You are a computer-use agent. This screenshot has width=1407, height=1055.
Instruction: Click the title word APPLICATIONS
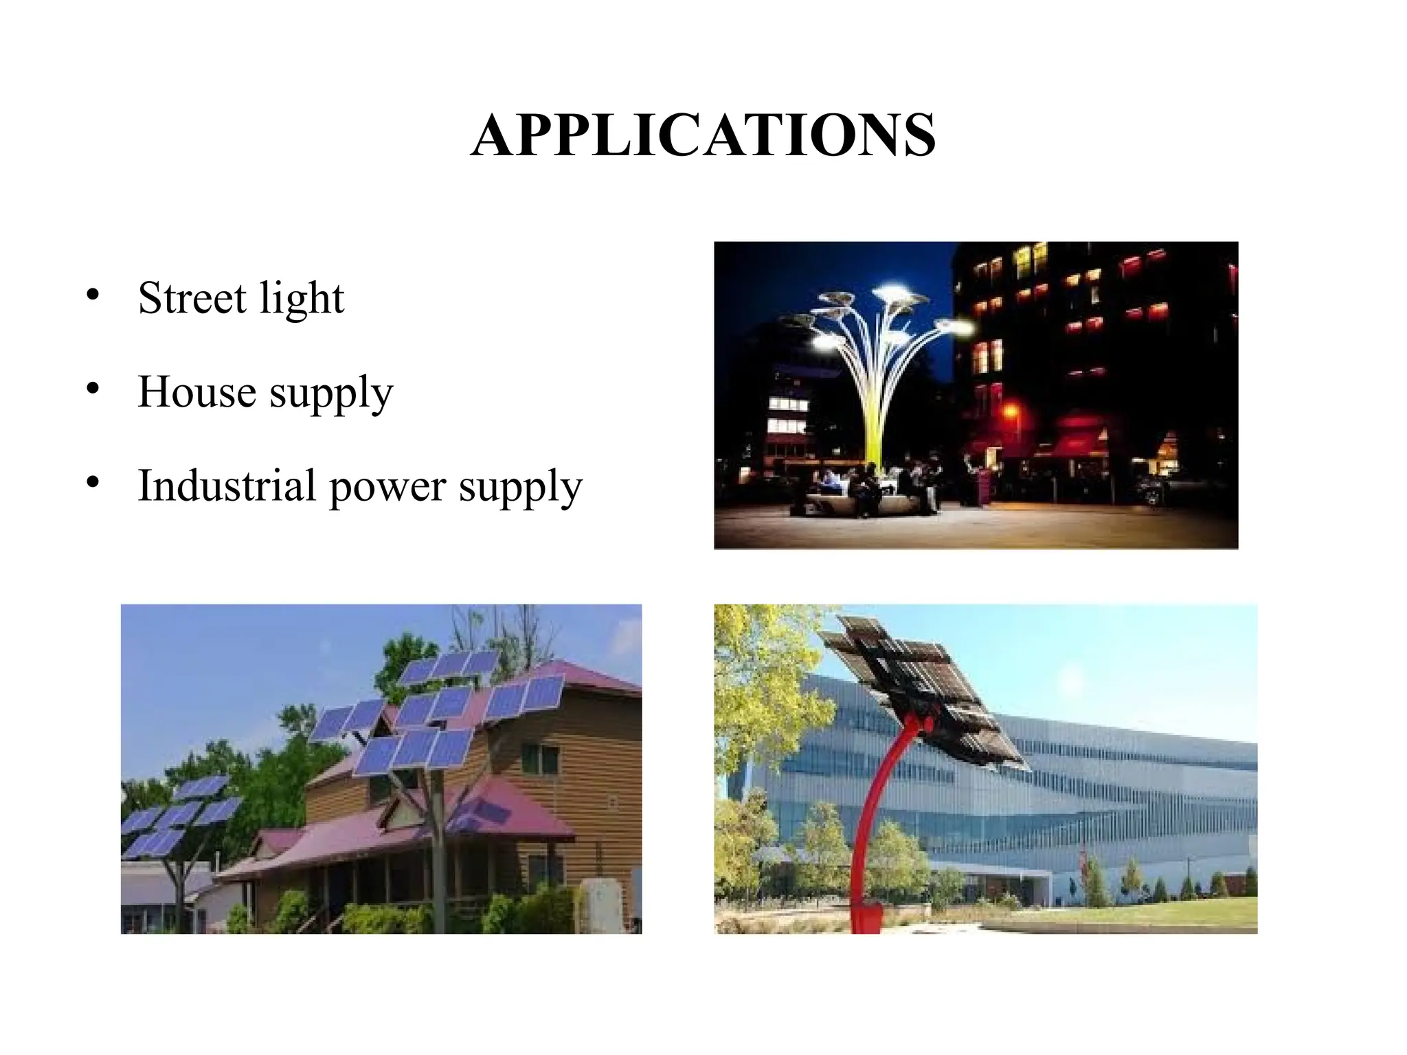tap(703, 135)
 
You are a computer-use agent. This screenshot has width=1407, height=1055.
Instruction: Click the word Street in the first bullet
tap(192, 298)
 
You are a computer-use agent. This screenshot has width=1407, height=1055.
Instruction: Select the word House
tap(196, 392)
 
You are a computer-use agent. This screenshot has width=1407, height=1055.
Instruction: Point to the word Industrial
tap(227, 486)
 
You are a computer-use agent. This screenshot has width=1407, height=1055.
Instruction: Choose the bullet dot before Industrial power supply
tap(93, 483)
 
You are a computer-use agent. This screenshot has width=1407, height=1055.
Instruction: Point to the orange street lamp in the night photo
tap(1011, 411)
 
